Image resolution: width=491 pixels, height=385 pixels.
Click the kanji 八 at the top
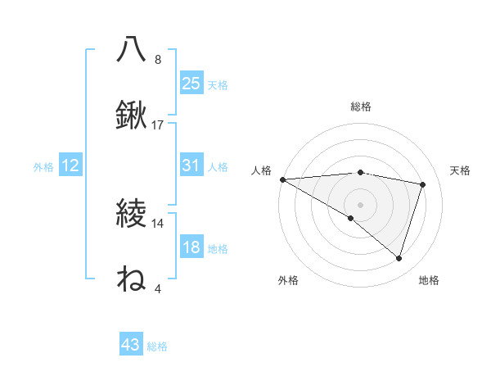131,49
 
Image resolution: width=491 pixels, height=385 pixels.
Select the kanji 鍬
131,115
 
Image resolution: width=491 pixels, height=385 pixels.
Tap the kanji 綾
131,215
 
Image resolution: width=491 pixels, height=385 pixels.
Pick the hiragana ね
131,279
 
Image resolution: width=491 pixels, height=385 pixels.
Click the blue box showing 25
191,83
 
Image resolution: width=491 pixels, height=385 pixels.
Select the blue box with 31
191,165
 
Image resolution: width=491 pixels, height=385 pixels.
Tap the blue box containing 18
191,247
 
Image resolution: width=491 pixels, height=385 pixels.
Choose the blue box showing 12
70,165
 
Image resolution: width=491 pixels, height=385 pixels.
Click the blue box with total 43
130,345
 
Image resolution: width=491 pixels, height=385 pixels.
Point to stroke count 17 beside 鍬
158,125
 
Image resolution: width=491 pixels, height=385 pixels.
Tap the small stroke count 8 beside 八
158,60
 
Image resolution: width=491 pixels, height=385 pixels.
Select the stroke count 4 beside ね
158,289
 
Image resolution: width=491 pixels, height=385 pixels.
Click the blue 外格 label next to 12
43,166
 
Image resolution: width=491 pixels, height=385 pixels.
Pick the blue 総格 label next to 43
157,346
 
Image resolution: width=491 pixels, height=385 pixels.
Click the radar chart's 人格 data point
282,179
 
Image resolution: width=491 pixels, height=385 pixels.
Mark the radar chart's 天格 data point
423,184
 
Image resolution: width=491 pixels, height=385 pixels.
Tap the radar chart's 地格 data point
399,258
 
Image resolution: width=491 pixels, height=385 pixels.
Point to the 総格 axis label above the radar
361,106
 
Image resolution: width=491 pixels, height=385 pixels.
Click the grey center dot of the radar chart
361,204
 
